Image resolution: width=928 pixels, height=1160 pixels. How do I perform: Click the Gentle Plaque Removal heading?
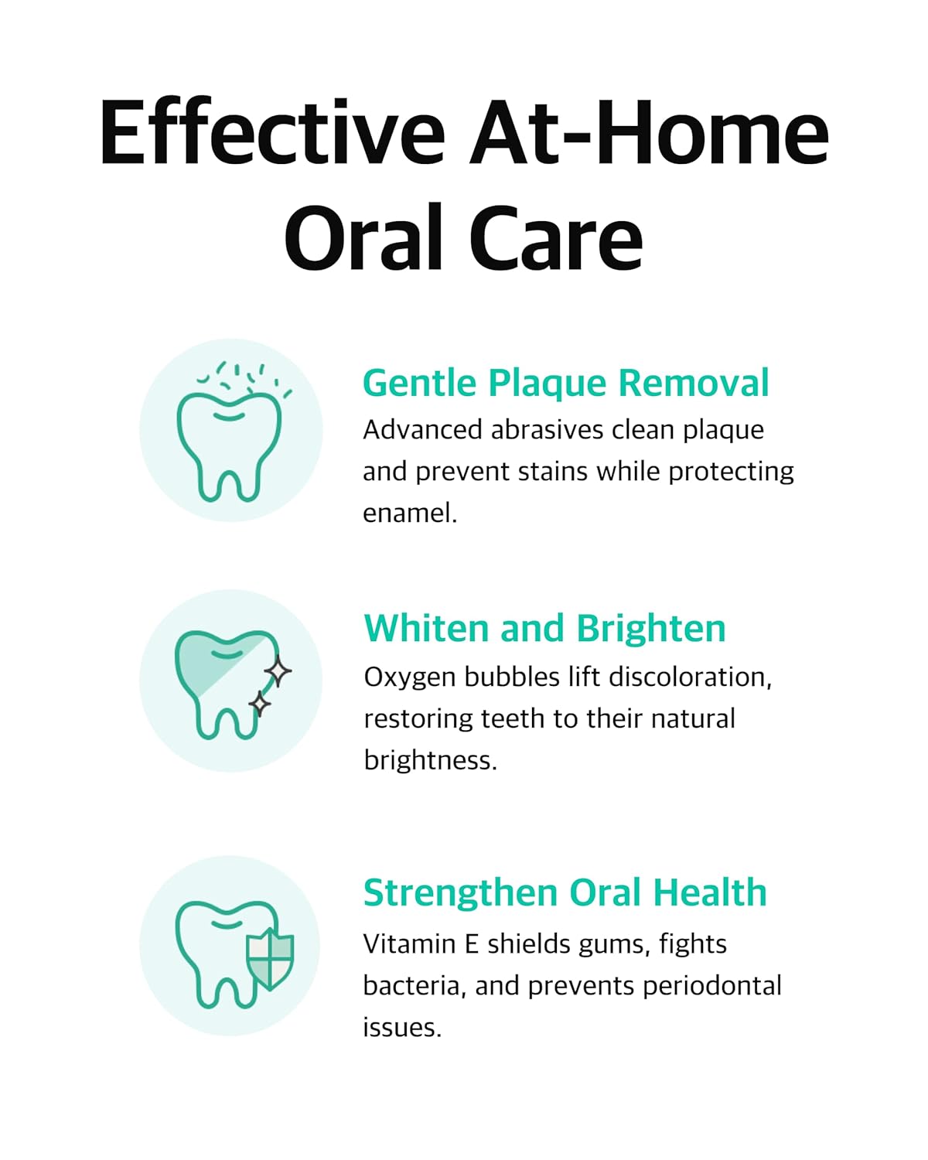(x=565, y=384)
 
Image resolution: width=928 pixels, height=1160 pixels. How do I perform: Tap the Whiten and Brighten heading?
(x=544, y=628)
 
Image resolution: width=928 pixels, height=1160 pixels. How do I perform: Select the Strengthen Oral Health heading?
(x=565, y=892)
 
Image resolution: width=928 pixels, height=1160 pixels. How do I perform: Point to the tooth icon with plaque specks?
(x=230, y=431)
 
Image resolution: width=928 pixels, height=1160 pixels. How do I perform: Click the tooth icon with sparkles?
(x=230, y=681)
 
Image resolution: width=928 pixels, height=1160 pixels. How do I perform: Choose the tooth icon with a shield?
(x=230, y=947)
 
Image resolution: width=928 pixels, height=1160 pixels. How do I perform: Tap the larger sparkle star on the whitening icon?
(x=278, y=670)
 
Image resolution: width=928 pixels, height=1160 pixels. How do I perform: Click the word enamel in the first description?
(x=409, y=513)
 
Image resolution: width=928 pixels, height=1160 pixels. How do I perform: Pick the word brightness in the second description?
(x=430, y=761)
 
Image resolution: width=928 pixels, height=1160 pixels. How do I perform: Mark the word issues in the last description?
(x=401, y=1028)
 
